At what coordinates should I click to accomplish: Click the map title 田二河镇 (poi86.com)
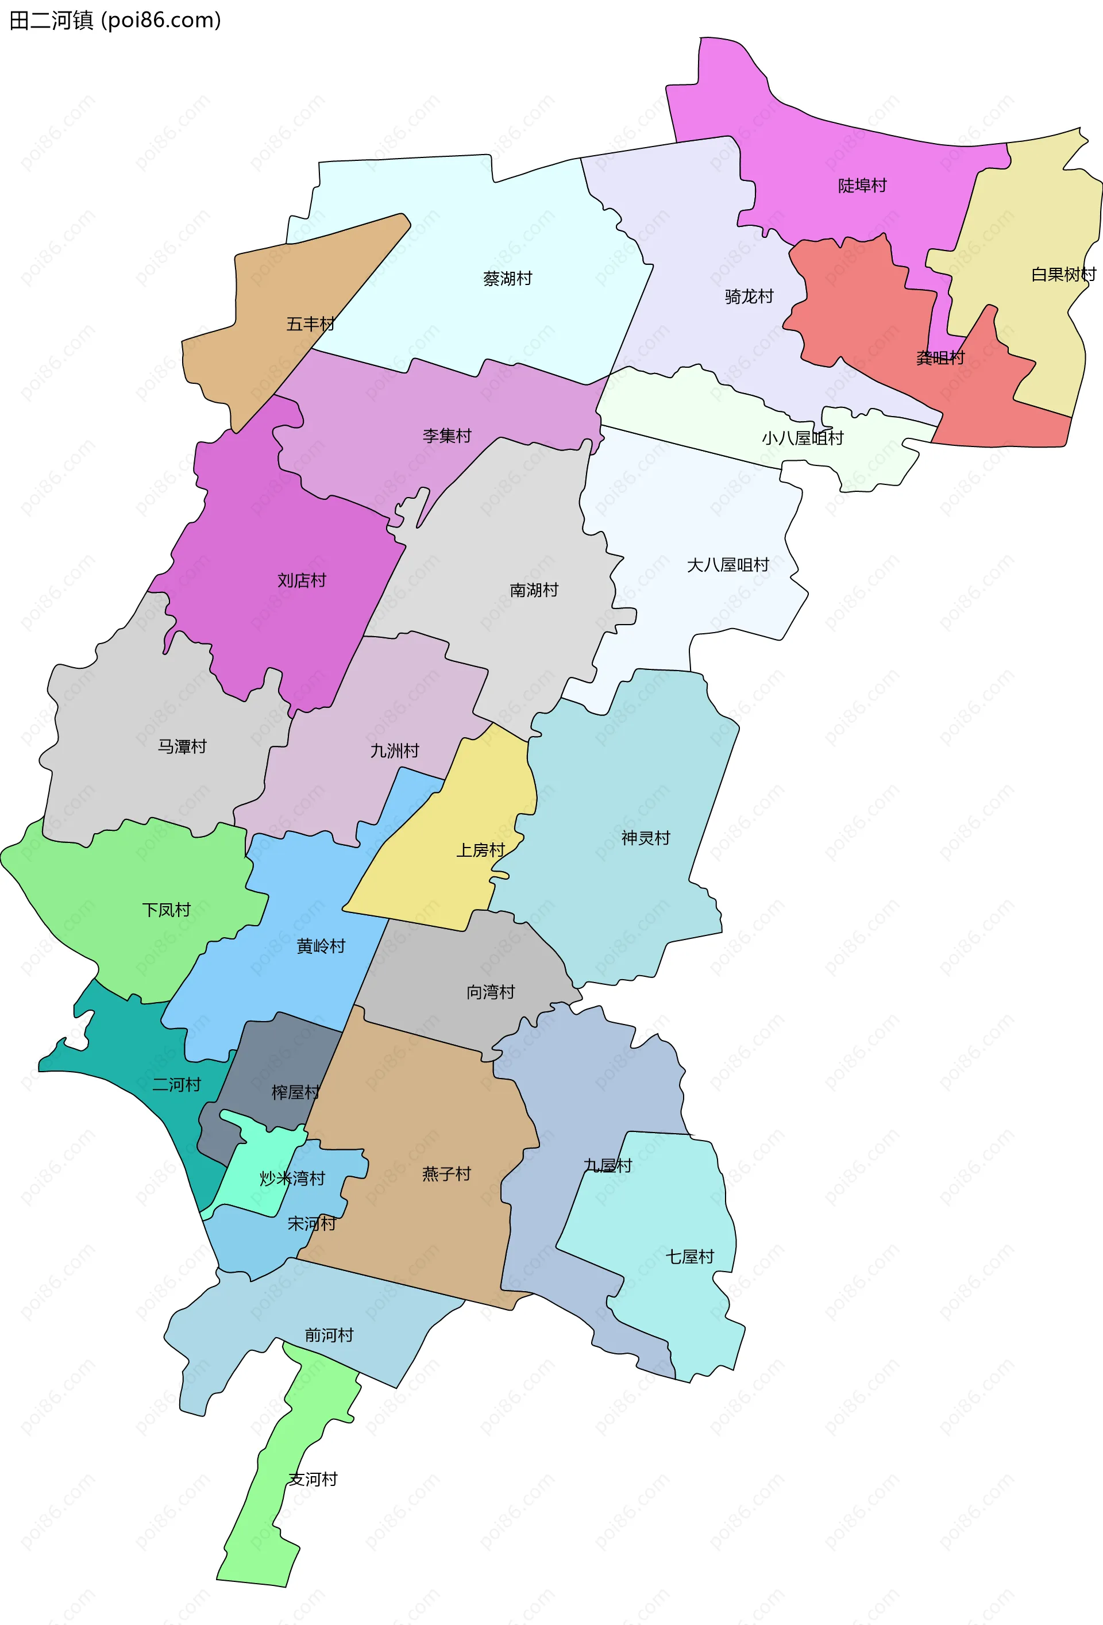[x=115, y=20]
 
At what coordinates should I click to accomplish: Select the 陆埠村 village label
[x=862, y=185]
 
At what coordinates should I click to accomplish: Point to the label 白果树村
[x=1063, y=275]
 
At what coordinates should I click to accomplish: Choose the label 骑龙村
[x=749, y=296]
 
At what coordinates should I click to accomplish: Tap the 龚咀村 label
[x=940, y=358]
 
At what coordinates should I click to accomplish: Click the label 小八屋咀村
[x=803, y=438]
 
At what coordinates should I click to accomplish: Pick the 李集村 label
[x=448, y=436]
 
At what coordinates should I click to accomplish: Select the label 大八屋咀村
[x=728, y=565]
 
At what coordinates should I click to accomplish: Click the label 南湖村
[x=534, y=590]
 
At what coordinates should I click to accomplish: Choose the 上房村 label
[x=481, y=850]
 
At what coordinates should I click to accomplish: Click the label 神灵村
[x=646, y=838]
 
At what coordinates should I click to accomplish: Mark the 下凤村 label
[x=167, y=910]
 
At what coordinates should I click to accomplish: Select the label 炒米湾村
[x=292, y=1178]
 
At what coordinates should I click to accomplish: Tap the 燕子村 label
[x=446, y=1174]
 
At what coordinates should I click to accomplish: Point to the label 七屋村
[x=690, y=1257]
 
